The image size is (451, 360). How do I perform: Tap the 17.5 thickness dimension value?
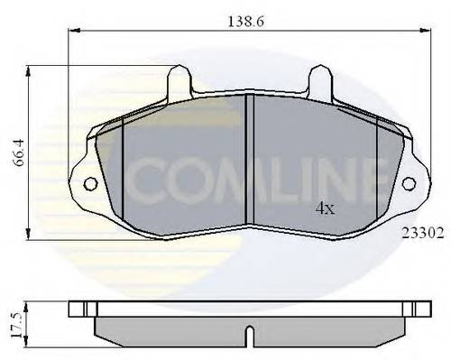pos(17,322)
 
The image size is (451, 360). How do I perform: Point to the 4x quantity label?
pos(325,208)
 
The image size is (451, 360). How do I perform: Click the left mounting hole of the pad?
pos(90,184)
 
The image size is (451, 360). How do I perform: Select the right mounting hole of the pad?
pos(408,184)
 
